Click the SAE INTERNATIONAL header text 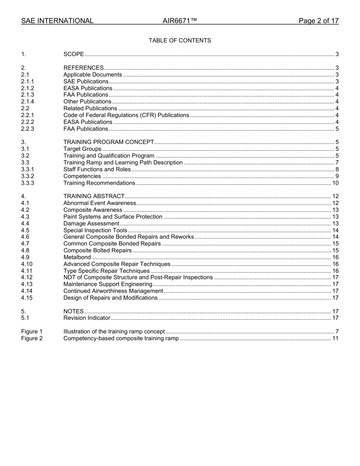[x=57, y=21]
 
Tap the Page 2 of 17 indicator [x=318, y=21]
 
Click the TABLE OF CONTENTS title [x=180, y=41]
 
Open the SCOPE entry [x=74, y=54]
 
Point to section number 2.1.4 [x=28, y=102]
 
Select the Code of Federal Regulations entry [x=126, y=115]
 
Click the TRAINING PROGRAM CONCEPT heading [x=109, y=142]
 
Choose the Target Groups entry [x=82, y=149]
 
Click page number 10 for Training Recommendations [x=335, y=183]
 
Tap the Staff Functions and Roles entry [x=97, y=169]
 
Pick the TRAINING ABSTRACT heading [x=94, y=196]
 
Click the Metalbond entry [x=77, y=257]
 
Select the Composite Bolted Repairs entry [x=97, y=250]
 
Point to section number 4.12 [x=27, y=277]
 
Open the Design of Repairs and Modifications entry [x=110, y=298]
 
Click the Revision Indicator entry [x=87, y=318]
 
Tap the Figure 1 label [x=32, y=332]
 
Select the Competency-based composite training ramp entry [x=121, y=338]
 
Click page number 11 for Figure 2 [x=335, y=338]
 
